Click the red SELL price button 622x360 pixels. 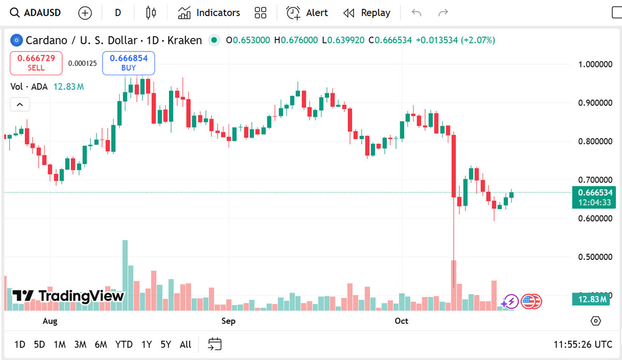click(36, 63)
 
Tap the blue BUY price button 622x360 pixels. click(129, 63)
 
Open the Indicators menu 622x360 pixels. click(209, 13)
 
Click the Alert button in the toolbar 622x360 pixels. click(307, 13)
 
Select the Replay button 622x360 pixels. click(367, 13)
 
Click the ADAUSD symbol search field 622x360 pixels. click(36, 13)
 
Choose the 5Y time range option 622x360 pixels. click(165, 344)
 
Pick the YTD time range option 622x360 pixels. click(124, 344)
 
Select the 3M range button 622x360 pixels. click(80, 344)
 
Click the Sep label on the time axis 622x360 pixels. click(228, 321)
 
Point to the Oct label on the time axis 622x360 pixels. click(401, 321)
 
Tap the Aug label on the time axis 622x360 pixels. click(50, 321)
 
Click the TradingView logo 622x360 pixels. click(68, 296)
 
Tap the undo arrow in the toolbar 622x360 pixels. click(416, 13)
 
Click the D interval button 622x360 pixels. click(118, 13)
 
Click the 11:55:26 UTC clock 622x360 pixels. click(583, 344)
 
